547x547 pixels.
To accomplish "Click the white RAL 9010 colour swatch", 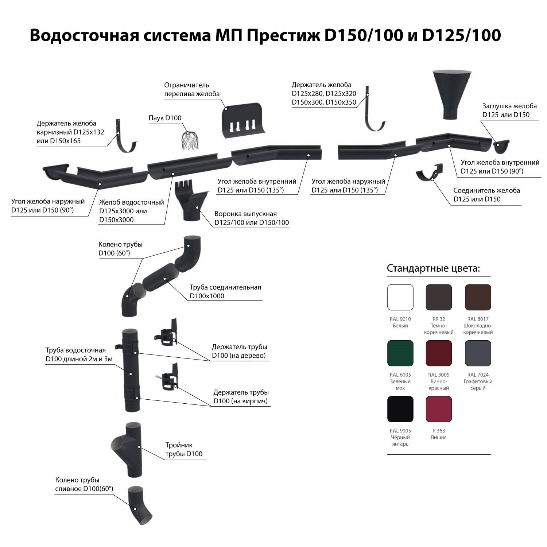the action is tap(400, 297).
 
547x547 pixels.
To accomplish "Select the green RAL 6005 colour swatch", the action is tap(400, 353).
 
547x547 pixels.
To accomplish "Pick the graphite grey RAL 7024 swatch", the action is tap(478, 353).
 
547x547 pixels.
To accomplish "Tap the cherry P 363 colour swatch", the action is tap(439, 409).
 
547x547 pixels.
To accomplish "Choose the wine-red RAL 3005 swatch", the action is tap(439, 353).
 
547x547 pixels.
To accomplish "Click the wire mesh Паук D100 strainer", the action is tap(190, 140).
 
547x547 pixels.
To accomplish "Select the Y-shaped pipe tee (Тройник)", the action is tap(127, 449).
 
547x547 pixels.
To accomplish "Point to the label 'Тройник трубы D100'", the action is tap(184, 450).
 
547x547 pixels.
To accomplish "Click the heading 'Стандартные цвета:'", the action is tap(433, 268).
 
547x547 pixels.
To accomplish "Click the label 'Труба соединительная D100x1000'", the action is tap(225, 292).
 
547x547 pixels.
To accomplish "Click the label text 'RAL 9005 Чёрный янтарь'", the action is tap(400, 437).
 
